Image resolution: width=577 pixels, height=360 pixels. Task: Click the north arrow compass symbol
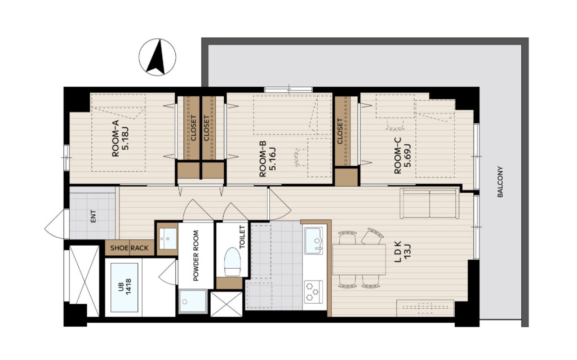coord(157,57)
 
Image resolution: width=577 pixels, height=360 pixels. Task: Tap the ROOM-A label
coord(116,144)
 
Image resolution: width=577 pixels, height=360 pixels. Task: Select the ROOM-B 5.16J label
coord(268,159)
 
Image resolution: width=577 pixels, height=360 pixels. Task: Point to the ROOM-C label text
coord(398,155)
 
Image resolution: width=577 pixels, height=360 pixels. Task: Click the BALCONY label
coord(500,182)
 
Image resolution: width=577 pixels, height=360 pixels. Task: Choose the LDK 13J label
coord(402,252)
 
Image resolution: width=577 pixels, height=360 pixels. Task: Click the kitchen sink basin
coord(313,241)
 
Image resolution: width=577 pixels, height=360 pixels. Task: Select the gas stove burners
coord(313,292)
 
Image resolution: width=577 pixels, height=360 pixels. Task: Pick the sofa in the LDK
coord(429,203)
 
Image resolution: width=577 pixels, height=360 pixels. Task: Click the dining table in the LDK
coord(359,260)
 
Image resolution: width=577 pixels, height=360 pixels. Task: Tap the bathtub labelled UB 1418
coord(124,287)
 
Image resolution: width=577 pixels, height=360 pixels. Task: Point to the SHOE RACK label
coord(129,248)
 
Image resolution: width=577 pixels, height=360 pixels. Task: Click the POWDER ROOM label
coord(196,255)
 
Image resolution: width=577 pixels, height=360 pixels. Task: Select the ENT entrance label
coord(93,216)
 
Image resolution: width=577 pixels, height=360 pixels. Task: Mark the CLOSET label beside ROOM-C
coord(340,131)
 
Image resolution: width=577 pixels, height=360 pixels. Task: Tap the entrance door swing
coord(55,224)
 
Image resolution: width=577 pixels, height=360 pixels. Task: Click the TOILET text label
coord(242,237)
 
